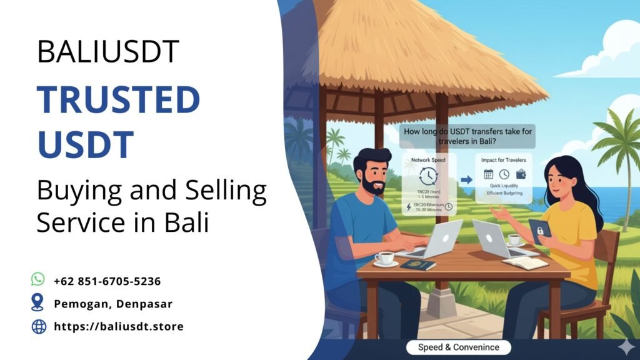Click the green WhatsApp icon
38,279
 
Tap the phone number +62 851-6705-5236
107,281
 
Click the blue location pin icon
38,303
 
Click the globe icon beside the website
39,326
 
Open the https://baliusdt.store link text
119,326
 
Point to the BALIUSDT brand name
108,51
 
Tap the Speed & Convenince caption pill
458,347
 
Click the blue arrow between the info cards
466,180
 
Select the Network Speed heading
428,161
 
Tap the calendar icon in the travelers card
488,175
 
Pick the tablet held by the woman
539,231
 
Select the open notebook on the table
525,262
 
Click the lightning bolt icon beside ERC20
408,206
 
